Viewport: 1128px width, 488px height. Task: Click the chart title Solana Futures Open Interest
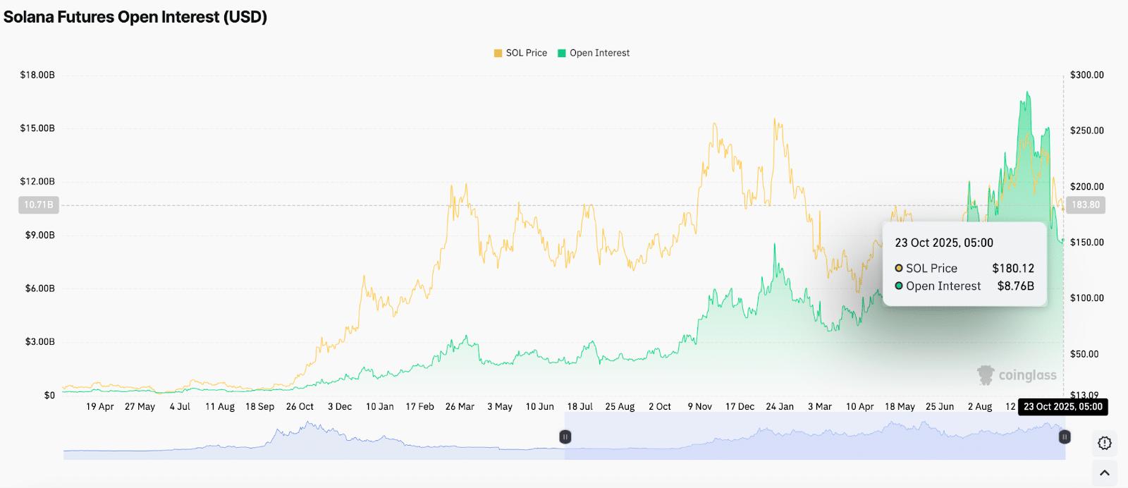[x=135, y=17]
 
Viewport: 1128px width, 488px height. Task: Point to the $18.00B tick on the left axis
[x=37, y=75]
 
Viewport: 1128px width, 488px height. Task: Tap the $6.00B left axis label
[x=39, y=288]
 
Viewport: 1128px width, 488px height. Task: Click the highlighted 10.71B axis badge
[x=39, y=205]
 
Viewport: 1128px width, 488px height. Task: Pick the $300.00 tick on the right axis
[x=1086, y=75]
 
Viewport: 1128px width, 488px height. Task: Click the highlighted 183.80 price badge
[x=1085, y=205]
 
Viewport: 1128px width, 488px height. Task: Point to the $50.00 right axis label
[x=1084, y=354]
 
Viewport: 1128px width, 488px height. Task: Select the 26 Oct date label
[x=300, y=407]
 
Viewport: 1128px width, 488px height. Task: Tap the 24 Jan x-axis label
[x=780, y=407]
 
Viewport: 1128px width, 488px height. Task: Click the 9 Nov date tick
[x=700, y=407]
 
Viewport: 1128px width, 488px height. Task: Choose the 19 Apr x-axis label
[x=100, y=407]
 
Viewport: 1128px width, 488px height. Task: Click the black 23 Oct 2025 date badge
[x=1063, y=407]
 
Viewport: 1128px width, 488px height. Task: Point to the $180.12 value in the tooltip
[x=1013, y=268]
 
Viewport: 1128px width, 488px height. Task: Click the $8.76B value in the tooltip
[x=1015, y=286]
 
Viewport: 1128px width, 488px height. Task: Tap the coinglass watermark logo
[x=1017, y=375]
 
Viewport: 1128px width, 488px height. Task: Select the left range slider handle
[x=565, y=437]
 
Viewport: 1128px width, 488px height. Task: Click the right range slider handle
[x=1065, y=437]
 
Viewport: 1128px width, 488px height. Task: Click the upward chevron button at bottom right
[x=1105, y=473]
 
